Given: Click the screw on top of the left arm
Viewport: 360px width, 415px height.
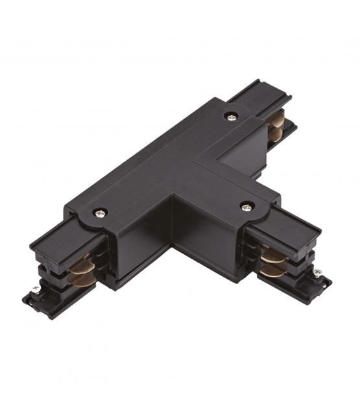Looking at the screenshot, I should [99, 212].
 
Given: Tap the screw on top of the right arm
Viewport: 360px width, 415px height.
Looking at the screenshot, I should [246, 206].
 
